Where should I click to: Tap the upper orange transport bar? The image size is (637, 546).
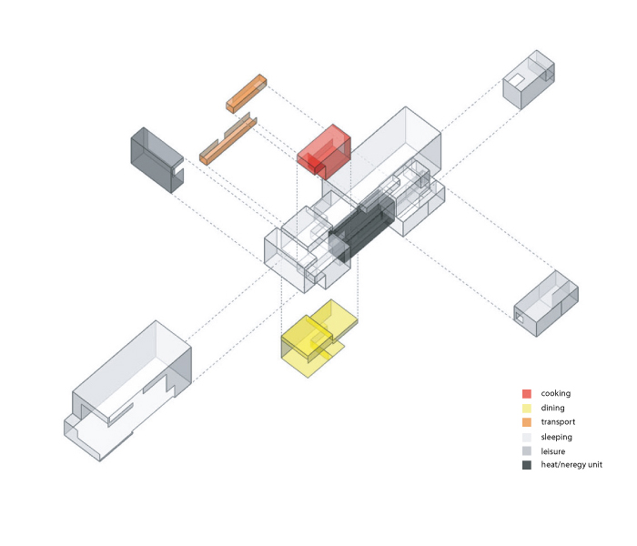246,93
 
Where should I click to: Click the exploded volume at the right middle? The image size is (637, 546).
545,304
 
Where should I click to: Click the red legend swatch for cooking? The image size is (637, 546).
527,394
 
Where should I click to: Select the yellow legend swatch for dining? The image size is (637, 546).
527,409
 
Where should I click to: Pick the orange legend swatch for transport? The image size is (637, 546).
527,422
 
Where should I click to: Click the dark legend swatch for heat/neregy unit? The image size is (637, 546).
527,465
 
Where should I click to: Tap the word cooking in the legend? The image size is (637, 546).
556,394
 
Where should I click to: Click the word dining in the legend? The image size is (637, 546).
553,409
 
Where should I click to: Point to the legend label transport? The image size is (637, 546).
558,422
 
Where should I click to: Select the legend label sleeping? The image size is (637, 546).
557,437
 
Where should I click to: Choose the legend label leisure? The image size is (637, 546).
553,450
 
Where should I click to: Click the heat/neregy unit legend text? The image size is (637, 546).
571,465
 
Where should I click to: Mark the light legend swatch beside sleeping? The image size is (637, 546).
527,437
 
